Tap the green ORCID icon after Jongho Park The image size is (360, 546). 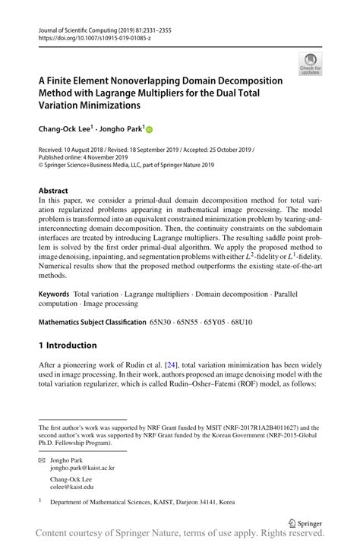tap(150, 130)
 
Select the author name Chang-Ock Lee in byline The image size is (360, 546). tap(65, 129)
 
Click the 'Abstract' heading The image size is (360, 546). tap(52, 189)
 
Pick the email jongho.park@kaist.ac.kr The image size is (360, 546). tap(82, 469)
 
